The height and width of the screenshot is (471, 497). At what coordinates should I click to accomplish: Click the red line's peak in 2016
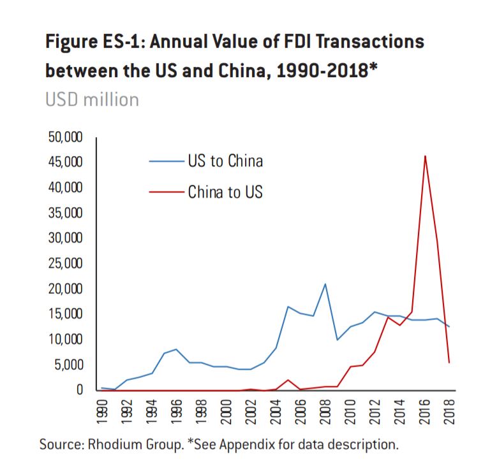click(425, 156)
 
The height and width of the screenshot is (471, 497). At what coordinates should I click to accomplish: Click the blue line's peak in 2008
click(325, 284)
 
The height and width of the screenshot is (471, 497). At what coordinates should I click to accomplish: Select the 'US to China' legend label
click(225, 161)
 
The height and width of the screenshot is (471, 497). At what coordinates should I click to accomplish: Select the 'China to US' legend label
click(225, 192)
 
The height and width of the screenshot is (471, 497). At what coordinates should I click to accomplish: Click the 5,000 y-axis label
click(65, 365)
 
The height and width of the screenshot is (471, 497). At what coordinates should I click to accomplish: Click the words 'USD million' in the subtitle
click(92, 100)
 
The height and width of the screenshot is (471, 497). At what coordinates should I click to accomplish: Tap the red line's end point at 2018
click(450, 363)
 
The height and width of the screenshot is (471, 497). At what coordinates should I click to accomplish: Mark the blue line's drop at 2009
click(338, 340)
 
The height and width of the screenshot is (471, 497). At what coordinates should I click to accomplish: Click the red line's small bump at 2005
click(288, 380)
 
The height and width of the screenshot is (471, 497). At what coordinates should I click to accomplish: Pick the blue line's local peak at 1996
click(177, 349)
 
